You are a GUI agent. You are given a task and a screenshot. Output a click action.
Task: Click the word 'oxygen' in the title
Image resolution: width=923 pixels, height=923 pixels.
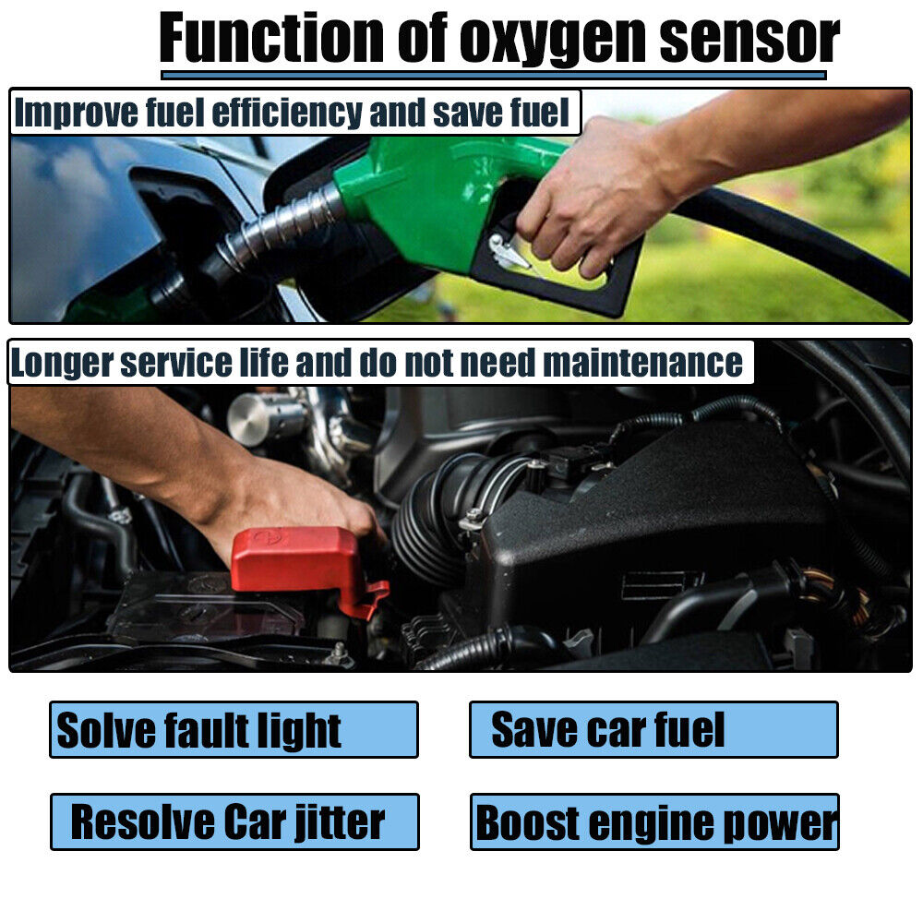tap(553, 40)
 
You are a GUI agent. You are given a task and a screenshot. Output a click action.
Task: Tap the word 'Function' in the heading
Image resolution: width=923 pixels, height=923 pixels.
tap(271, 37)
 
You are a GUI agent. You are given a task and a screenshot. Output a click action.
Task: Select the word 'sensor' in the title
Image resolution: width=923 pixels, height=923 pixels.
tap(749, 38)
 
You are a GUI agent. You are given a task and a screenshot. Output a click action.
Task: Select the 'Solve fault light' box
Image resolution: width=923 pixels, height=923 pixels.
tap(234, 729)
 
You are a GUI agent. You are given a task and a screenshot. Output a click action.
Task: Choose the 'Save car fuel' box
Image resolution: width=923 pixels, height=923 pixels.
tap(653, 729)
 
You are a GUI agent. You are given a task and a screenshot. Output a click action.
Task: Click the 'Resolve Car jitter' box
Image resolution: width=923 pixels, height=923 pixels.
tap(234, 821)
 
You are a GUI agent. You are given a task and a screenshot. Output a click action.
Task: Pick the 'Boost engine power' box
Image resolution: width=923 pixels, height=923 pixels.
tap(654, 821)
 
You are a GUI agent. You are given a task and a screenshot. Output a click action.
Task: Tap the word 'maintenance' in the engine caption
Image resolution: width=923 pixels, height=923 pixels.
tap(642, 363)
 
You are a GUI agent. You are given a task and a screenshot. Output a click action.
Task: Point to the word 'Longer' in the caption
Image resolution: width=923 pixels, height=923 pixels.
tap(63, 364)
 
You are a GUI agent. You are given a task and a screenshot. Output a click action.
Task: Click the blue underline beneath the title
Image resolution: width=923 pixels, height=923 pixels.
tap(493, 76)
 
